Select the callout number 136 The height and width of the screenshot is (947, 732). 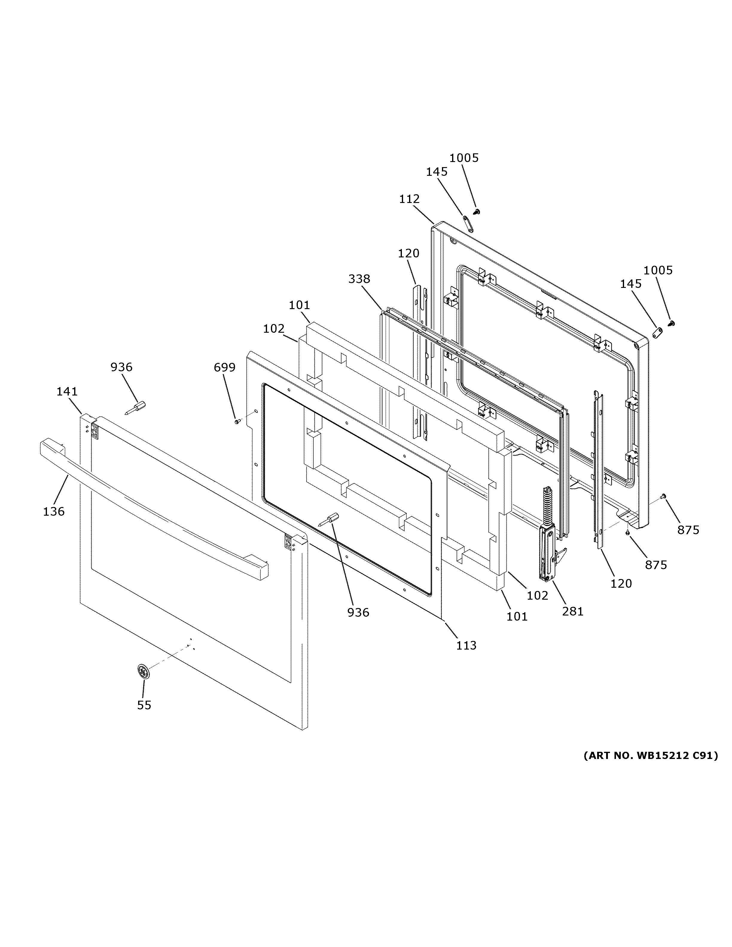pos(54,512)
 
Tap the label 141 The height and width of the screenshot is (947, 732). pos(67,392)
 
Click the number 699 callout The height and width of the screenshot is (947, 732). pos(225,368)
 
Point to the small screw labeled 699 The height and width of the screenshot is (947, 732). pos(237,421)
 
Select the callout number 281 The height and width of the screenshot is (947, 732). pos(573,611)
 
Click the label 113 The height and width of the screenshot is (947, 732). pos(466,646)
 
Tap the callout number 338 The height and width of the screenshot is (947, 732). pos(359,279)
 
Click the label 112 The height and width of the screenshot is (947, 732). pos(409,199)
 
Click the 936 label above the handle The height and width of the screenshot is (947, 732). pos(121,367)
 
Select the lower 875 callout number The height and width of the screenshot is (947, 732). pos(656,565)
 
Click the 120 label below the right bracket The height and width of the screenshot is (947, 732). pos(621,584)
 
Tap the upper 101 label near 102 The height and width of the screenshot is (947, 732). pos(300,305)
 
